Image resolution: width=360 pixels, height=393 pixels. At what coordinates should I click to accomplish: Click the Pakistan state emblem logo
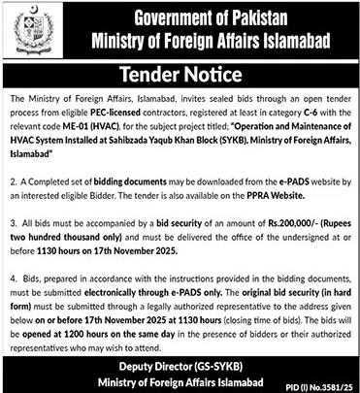tap(29, 32)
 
